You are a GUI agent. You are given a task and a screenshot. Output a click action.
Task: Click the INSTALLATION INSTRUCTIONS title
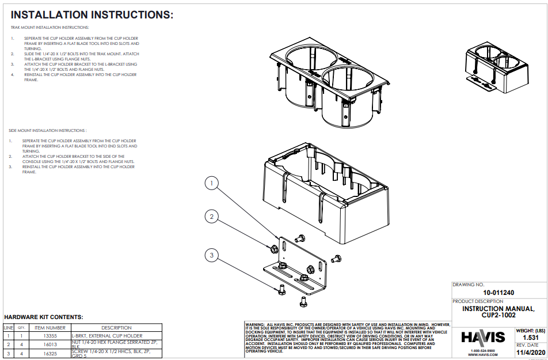coord(92,15)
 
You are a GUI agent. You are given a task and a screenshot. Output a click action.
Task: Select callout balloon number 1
coord(212,184)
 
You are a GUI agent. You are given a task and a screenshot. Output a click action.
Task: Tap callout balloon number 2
coord(212,217)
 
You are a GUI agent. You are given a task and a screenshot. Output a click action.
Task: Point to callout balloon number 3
coord(212,255)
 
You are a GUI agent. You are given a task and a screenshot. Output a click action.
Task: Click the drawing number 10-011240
coord(498,293)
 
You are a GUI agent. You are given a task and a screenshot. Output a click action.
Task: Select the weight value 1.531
coord(530,338)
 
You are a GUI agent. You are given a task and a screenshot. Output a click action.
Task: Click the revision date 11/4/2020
coord(530,352)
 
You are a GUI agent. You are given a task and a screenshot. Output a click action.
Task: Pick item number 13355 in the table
coord(51,335)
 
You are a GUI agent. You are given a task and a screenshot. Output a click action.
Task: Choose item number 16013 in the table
coord(51,344)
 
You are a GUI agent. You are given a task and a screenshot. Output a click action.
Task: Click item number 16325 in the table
coord(51,353)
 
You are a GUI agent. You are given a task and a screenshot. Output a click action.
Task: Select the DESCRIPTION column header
coord(116,327)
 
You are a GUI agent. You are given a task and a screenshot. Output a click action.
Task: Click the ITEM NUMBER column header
coord(51,327)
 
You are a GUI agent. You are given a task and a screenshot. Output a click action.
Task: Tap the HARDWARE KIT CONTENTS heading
coord(44,317)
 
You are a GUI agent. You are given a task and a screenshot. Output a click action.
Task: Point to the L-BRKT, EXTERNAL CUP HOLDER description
coord(106,335)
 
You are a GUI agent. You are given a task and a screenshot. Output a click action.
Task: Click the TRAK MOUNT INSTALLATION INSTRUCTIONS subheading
coord(50,28)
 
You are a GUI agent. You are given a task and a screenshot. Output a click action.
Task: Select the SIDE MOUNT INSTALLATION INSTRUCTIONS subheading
coord(48,131)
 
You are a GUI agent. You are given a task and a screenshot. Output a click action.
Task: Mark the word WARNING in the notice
coord(255,325)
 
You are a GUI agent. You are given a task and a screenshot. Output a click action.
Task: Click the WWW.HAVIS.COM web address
coord(482,355)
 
